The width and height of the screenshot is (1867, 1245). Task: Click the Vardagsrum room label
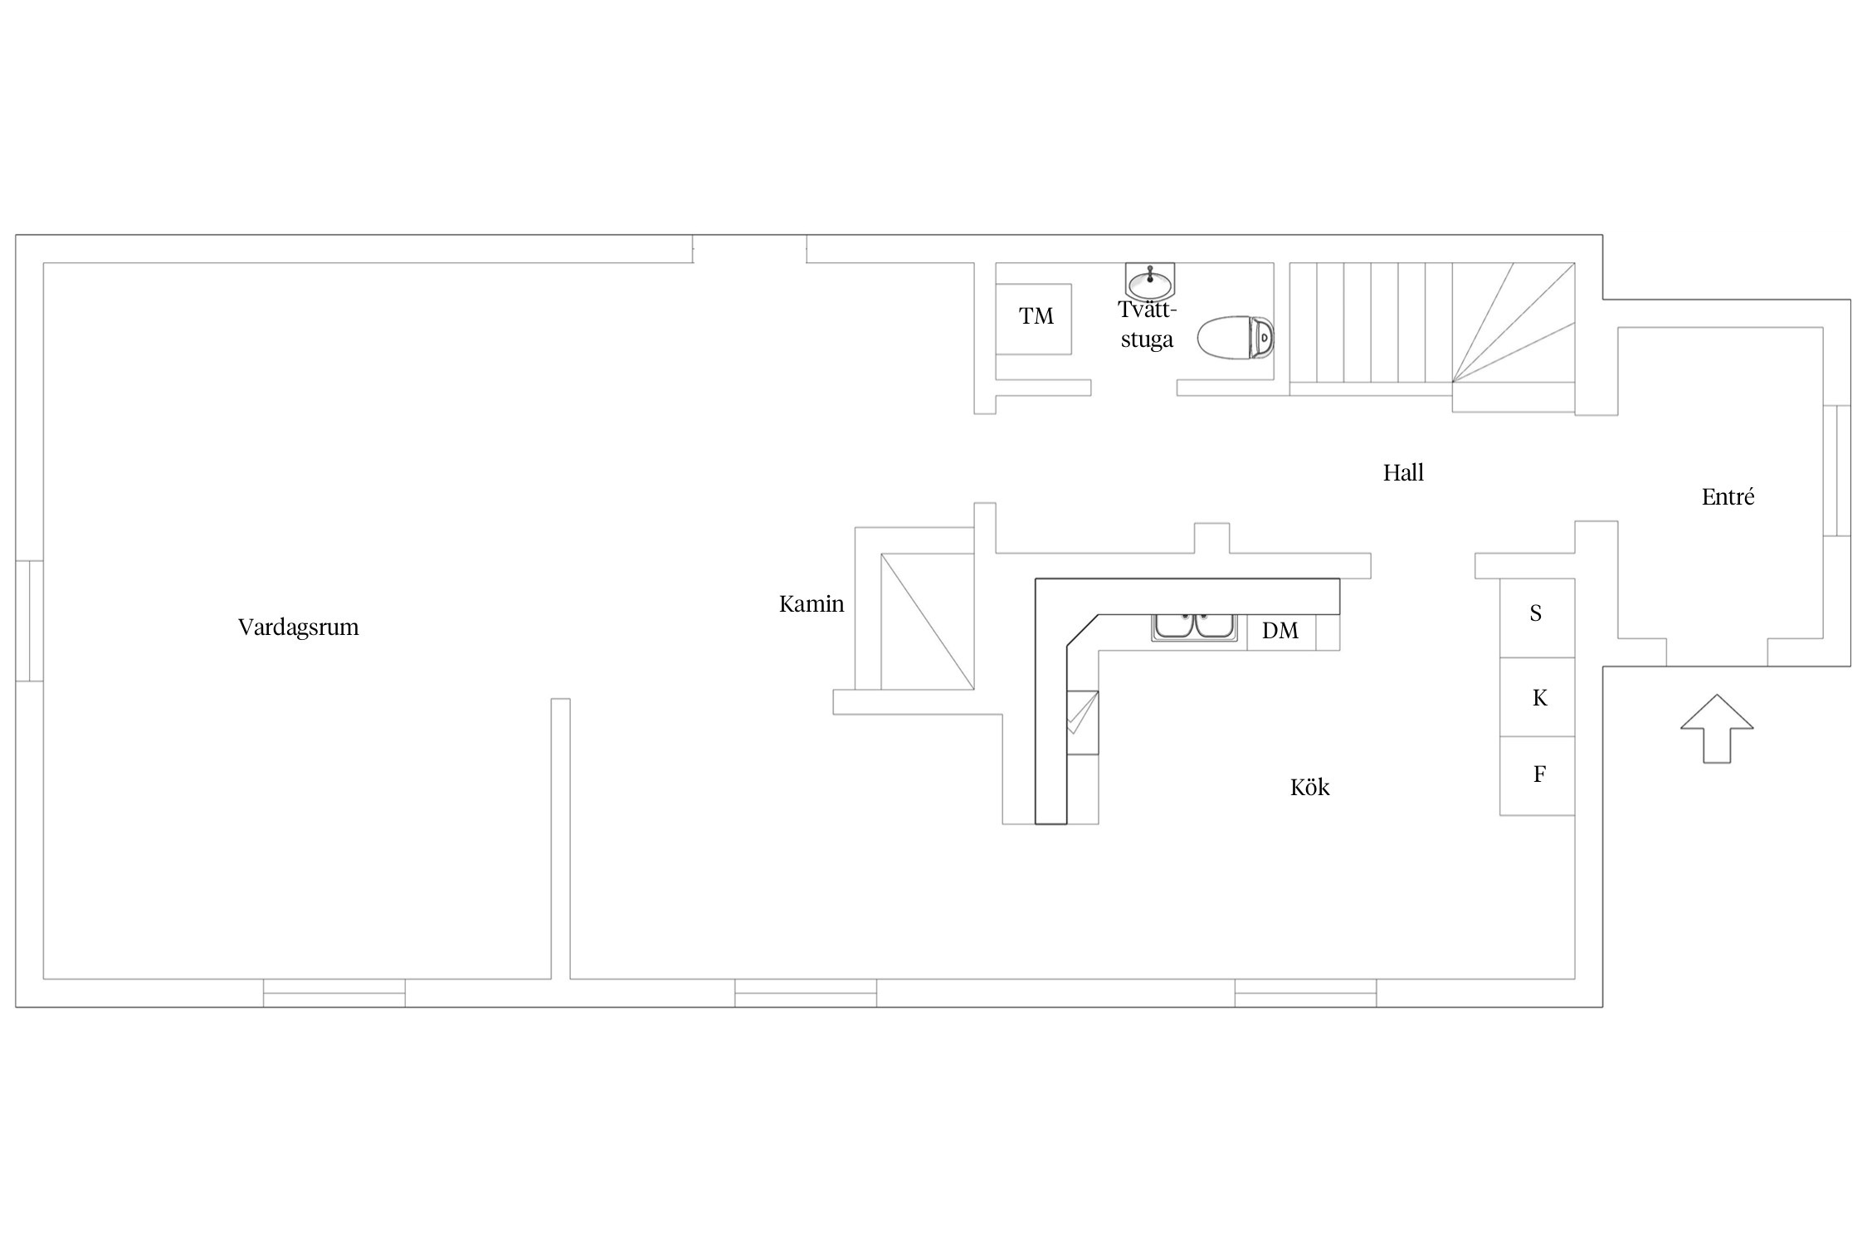click(x=299, y=627)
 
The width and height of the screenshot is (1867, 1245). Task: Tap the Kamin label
click(x=812, y=604)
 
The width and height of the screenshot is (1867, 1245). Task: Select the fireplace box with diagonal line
click(x=927, y=622)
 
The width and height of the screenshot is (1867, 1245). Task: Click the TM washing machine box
click(x=1033, y=319)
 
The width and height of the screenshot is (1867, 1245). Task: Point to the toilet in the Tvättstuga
click(x=1236, y=337)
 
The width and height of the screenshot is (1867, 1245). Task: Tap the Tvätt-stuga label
click(x=1148, y=325)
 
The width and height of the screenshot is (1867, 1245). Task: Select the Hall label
click(x=1403, y=473)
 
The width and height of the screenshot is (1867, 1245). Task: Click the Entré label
click(x=1728, y=497)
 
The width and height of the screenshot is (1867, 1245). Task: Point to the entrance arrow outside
click(x=1717, y=728)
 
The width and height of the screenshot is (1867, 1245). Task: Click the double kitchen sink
click(x=1193, y=627)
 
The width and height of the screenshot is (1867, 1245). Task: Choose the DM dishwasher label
click(x=1280, y=631)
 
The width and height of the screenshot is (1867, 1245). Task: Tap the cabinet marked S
click(x=1537, y=618)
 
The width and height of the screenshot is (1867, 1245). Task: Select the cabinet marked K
click(x=1537, y=697)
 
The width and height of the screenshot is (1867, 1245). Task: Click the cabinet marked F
click(x=1537, y=776)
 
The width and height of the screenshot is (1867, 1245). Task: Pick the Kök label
click(x=1309, y=788)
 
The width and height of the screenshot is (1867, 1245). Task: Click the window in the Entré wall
click(x=1836, y=470)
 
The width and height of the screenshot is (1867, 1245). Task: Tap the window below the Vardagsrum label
click(x=334, y=993)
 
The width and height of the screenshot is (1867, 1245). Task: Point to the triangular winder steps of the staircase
click(x=1514, y=323)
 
